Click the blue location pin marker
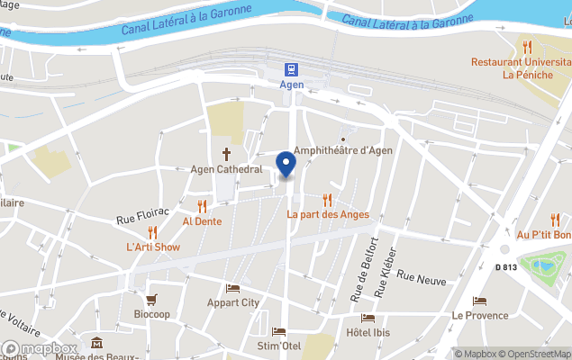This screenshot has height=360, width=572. click(286, 165)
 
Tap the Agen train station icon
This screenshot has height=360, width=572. click(292, 68)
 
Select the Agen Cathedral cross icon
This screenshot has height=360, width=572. click(226, 153)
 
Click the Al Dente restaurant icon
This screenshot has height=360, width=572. click(202, 205)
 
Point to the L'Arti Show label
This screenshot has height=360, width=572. click(153, 247)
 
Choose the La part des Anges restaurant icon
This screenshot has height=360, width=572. click(328, 200)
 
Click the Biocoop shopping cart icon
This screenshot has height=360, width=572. click(151, 300)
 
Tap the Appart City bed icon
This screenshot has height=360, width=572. click(232, 288)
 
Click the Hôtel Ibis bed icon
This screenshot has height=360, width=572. click(368, 318)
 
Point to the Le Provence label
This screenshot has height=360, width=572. click(480, 316)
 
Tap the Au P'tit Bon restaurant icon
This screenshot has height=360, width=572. click(555, 220)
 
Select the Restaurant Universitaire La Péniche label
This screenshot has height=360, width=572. click(521, 68)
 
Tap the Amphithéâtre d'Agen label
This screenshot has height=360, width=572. click(343, 150)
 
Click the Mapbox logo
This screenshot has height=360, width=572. click(40, 348)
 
